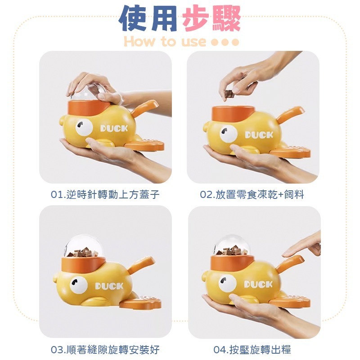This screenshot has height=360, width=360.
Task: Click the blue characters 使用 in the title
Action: pyautogui.click(x=148, y=18)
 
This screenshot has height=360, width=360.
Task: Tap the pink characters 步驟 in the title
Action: pyautogui.click(x=211, y=18)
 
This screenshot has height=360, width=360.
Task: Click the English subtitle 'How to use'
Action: pyautogui.click(x=165, y=41)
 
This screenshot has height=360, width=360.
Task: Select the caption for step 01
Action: pyautogui.click(x=105, y=194)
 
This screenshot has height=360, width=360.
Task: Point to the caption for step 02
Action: pyautogui.click(x=252, y=194)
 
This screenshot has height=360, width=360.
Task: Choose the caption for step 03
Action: pyautogui.click(x=105, y=350)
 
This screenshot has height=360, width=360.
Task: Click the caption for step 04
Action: pyautogui.click(x=252, y=350)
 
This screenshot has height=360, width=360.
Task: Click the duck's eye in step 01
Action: pyautogui.click(x=84, y=127)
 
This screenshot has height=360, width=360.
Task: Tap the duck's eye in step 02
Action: pyautogui.click(x=228, y=134)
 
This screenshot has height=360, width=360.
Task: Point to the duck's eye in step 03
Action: pyautogui.click(x=79, y=285)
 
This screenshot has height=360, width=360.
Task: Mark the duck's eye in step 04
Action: pyautogui.click(x=227, y=283)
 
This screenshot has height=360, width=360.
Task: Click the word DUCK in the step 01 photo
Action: pyautogui.click(x=114, y=128)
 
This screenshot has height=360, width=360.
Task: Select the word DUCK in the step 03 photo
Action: pyautogui.click(x=109, y=286)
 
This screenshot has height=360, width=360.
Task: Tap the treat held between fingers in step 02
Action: pyautogui.click(x=229, y=94)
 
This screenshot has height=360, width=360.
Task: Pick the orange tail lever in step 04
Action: pyautogui.click(x=290, y=263)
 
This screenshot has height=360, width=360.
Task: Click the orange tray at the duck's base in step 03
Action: pyautogui.click(x=140, y=302)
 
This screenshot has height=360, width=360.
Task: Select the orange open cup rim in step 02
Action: pyautogui.click(x=233, y=114)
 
